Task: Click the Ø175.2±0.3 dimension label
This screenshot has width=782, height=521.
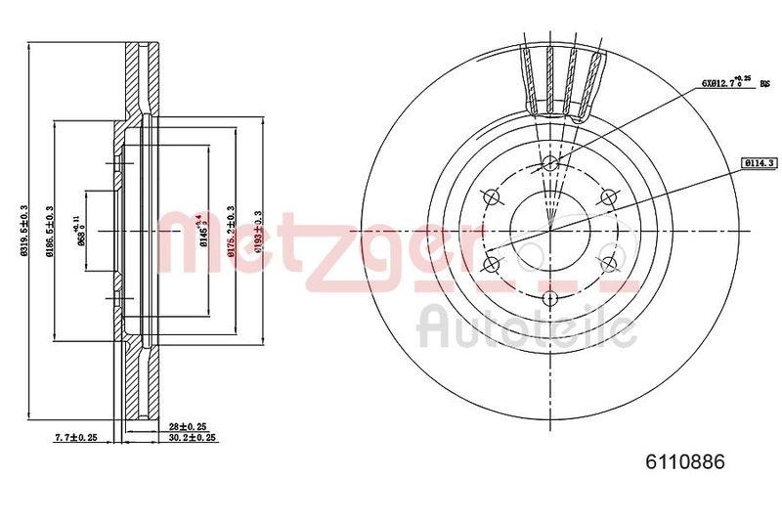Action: (x=231, y=231)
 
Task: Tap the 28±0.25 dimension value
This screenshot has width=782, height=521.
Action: (x=188, y=428)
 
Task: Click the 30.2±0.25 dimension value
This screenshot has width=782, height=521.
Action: (x=193, y=439)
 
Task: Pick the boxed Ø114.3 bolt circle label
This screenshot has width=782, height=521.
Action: (x=758, y=163)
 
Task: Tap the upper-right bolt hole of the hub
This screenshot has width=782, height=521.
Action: (x=608, y=197)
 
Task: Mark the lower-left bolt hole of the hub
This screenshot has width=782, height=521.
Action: (x=491, y=264)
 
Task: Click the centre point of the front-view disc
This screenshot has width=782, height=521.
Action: (x=549, y=231)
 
